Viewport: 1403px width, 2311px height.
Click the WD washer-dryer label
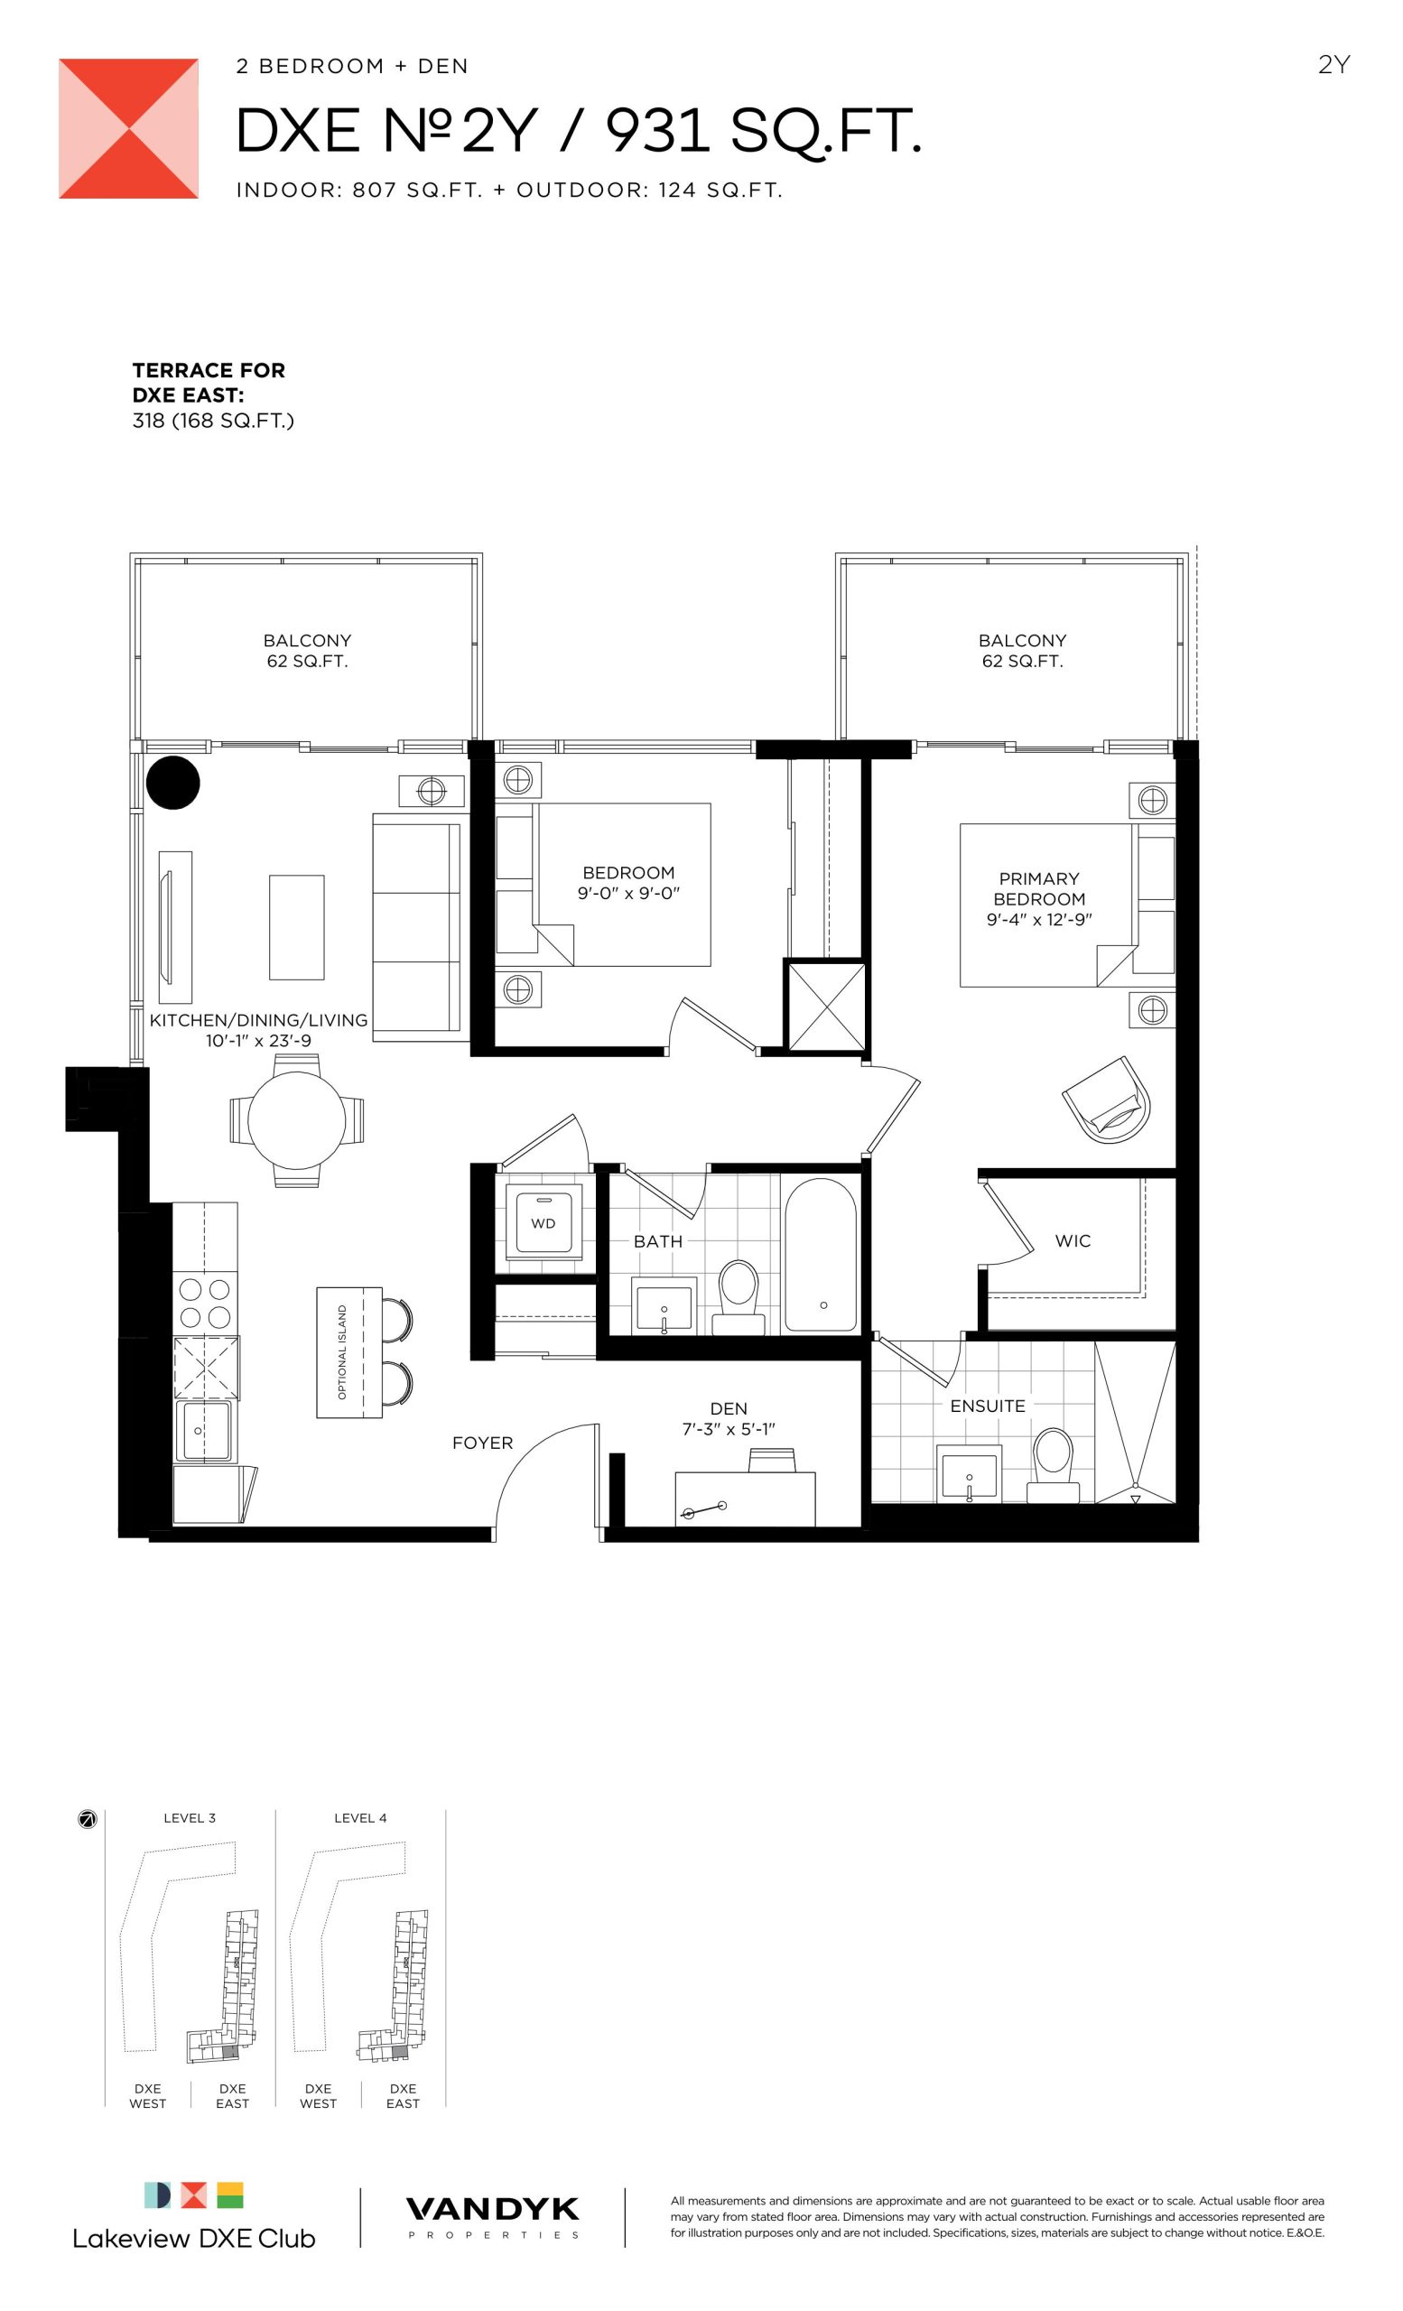coord(542,1223)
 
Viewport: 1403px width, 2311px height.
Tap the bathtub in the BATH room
coord(820,1255)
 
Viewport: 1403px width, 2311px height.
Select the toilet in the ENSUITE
coord(1053,1466)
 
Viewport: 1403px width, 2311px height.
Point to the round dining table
coord(296,1120)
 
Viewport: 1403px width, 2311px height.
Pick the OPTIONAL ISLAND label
coord(342,1351)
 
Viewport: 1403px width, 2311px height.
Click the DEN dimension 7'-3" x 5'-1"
coord(728,1429)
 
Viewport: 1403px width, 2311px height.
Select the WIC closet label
coord(1072,1241)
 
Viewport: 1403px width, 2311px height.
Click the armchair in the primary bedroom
coord(1107,1100)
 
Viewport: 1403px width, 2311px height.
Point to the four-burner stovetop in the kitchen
coord(205,1303)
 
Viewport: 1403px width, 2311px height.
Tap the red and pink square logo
coord(128,128)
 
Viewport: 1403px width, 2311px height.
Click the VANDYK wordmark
coord(492,2209)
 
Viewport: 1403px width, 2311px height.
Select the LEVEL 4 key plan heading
coord(360,1818)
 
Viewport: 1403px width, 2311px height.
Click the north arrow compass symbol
coord(88,1820)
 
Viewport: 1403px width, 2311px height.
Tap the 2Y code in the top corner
coord(1333,65)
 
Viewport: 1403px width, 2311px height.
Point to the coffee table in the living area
coord(296,928)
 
